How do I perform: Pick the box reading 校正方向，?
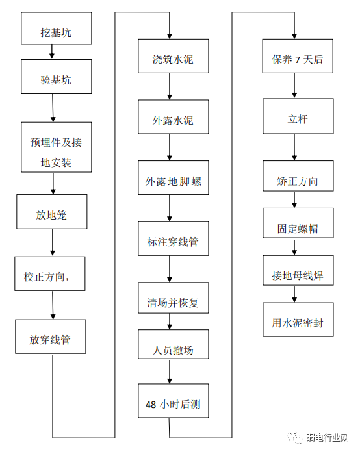[x=51, y=277]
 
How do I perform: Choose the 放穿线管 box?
[x=51, y=338]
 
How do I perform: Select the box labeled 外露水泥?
[x=173, y=121]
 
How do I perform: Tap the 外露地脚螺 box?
[x=173, y=182]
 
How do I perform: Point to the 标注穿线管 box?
[x=173, y=242]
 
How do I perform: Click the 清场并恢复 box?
[x=173, y=303]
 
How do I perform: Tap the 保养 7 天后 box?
[x=297, y=60]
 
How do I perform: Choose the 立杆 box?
[x=297, y=121]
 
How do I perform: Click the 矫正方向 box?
[x=297, y=182]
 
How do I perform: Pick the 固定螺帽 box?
[x=297, y=229]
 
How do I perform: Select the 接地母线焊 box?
[x=297, y=275]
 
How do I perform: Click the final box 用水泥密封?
[x=297, y=322]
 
